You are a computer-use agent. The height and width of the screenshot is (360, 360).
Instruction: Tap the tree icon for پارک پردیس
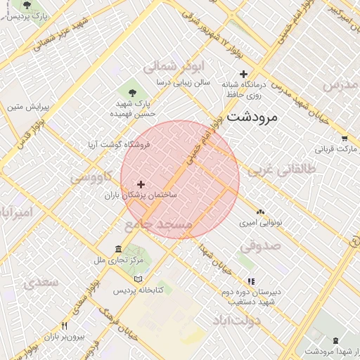tap(27, 5)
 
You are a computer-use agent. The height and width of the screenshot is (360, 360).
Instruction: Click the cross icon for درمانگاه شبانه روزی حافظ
tap(244, 74)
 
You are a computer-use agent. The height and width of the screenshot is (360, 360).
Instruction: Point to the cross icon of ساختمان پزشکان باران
tap(141, 184)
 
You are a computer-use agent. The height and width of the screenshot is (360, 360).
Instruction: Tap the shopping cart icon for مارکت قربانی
tap(344, 139)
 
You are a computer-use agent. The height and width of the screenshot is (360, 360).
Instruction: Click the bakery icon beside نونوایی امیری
tap(260, 211)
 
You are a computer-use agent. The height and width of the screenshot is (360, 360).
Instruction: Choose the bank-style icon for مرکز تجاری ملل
tap(118, 249)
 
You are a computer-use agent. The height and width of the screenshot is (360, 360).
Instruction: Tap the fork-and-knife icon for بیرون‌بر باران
tap(64, 326)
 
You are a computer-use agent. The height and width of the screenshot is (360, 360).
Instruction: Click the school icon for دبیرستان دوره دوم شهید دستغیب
tap(251, 281)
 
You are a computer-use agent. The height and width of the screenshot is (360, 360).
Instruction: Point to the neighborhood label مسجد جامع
tap(158, 225)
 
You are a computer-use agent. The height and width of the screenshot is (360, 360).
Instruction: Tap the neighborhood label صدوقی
tap(259, 247)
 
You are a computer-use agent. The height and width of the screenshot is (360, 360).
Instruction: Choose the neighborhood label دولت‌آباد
tap(236, 321)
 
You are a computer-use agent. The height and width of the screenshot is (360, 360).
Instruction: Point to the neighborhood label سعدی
tap(39, 283)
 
